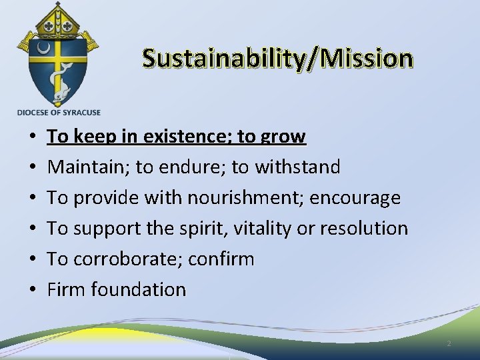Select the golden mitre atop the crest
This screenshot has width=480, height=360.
tap(59, 20)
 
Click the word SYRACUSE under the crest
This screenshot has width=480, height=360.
tap(79, 113)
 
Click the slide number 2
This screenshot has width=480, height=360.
tap(449, 344)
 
